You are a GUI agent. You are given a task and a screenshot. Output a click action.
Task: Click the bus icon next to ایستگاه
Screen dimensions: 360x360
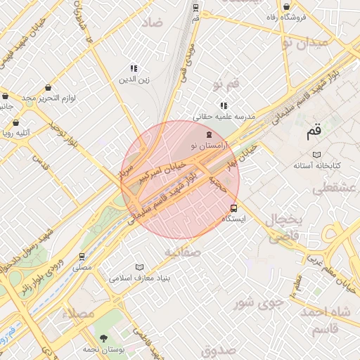click(234, 208)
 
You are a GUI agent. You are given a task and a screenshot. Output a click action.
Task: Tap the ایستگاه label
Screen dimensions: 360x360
click(234, 219)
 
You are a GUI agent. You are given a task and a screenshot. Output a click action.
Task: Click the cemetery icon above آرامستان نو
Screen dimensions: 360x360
click(207, 134)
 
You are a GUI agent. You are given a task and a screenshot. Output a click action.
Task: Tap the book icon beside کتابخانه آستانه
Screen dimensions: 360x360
click(316, 153)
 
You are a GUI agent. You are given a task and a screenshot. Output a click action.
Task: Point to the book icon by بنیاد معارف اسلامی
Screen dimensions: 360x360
click(139, 267)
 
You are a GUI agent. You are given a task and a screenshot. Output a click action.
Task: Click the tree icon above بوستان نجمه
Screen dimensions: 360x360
click(105, 338)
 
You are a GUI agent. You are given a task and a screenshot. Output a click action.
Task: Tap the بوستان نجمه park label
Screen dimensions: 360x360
click(105, 349)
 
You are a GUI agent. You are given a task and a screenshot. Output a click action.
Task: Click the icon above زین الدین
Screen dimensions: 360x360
click(133, 68)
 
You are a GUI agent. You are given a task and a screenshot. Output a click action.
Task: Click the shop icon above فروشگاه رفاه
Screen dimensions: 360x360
click(287, 6)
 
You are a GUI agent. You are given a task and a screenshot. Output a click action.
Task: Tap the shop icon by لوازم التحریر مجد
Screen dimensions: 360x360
click(47, 88)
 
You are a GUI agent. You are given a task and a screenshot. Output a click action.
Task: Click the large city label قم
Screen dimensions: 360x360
click(313, 130)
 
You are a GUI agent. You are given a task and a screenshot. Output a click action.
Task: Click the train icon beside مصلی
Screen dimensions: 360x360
click(82, 256)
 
